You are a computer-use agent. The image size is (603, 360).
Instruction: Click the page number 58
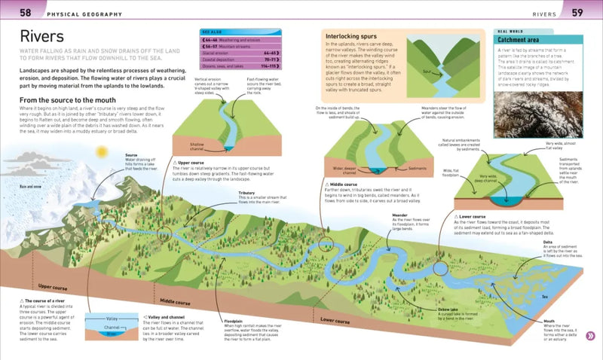tap(25, 13)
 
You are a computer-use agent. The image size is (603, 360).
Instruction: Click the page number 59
tap(577, 13)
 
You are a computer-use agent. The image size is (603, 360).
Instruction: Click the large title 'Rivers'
tap(45, 36)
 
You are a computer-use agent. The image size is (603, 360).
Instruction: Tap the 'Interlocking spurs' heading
tap(350, 36)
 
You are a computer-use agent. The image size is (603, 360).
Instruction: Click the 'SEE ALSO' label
tap(210, 32)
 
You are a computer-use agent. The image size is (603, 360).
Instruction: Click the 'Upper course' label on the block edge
tap(55, 287)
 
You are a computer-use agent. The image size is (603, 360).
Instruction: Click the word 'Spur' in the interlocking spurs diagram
tap(427, 72)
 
